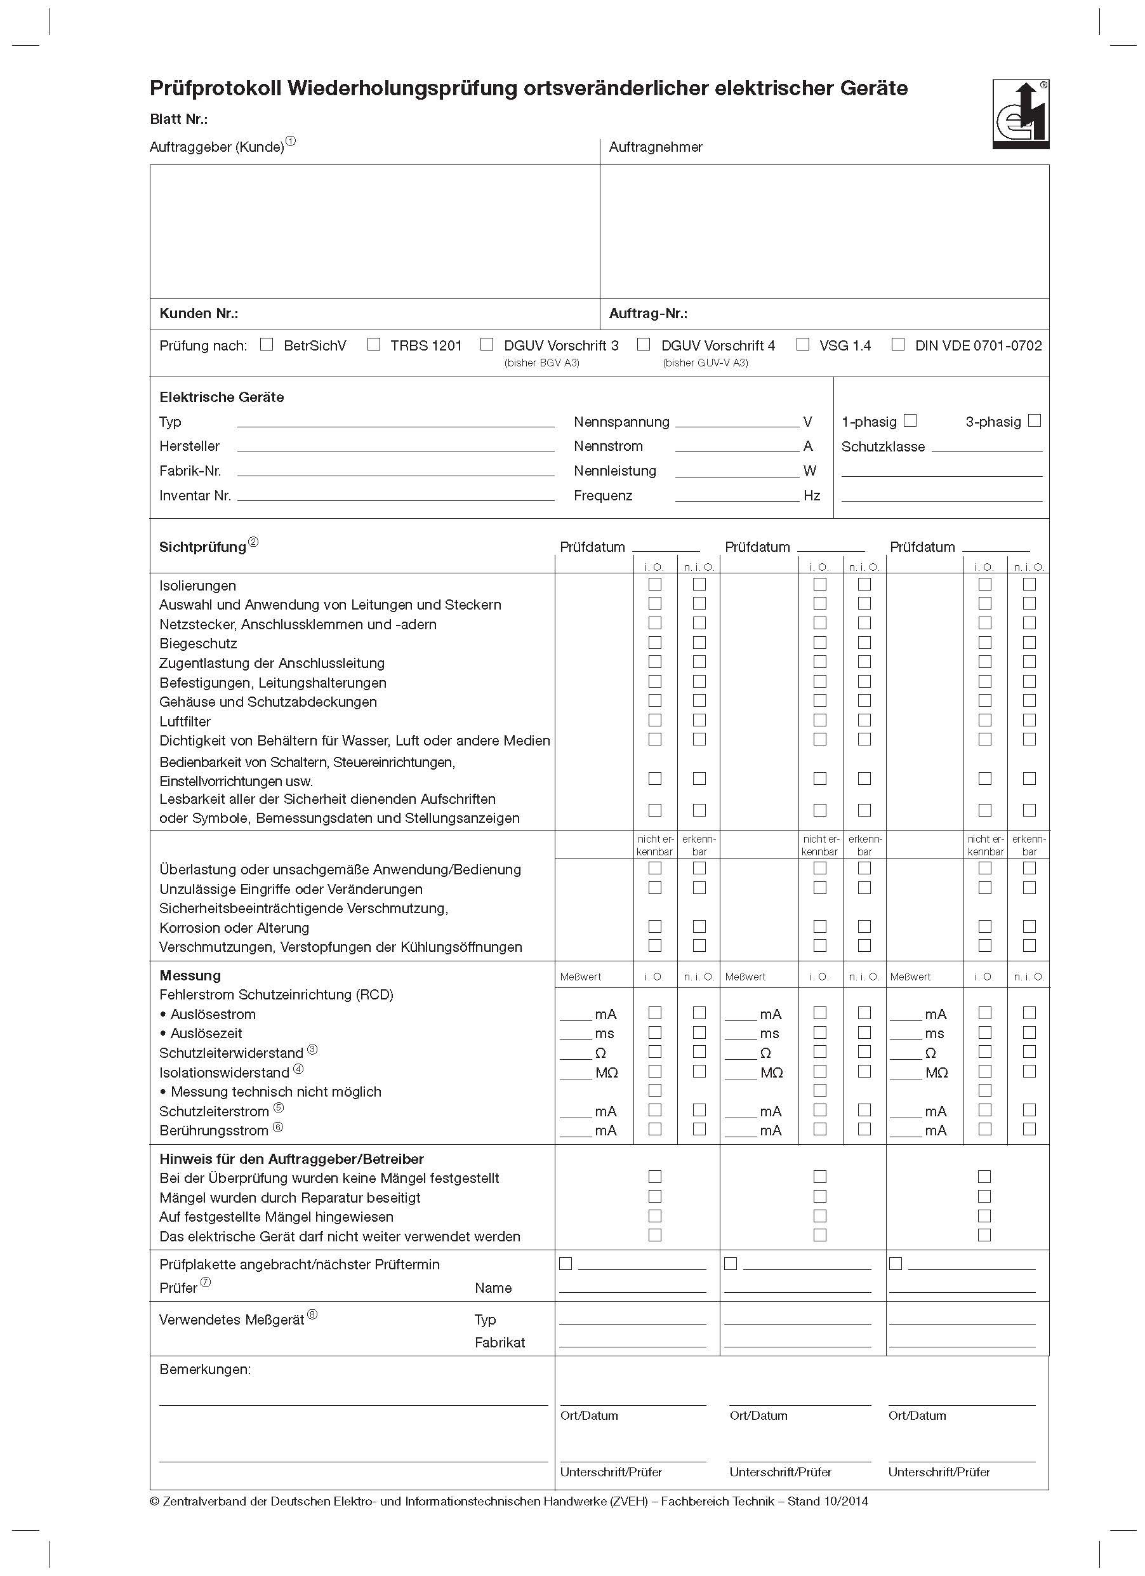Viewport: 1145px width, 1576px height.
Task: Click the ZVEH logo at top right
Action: (x=1020, y=114)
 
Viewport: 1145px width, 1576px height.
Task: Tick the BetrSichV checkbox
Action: (x=267, y=344)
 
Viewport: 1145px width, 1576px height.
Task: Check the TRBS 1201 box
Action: (x=374, y=344)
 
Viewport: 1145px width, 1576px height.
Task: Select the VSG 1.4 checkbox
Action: (x=802, y=344)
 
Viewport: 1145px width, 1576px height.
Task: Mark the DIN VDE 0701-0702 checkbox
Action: (x=897, y=344)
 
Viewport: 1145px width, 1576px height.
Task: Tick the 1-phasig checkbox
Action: (x=910, y=420)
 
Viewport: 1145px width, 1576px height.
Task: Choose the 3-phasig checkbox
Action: (x=1035, y=420)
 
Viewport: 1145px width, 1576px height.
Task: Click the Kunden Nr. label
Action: (x=199, y=314)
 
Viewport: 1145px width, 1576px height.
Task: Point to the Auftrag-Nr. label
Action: (x=648, y=314)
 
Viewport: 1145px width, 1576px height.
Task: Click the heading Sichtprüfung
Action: (x=202, y=547)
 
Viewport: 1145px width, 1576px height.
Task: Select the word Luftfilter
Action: (x=185, y=721)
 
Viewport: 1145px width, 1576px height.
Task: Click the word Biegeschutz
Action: (x=198, y=643)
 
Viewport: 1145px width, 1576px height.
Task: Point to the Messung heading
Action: (x=190, y=975)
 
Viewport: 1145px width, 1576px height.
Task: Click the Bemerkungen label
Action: (x=205, y=1369)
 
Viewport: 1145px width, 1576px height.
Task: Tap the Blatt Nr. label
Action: (x=178, y=119)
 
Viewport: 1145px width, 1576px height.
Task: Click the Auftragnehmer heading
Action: (x=655, y=147)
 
